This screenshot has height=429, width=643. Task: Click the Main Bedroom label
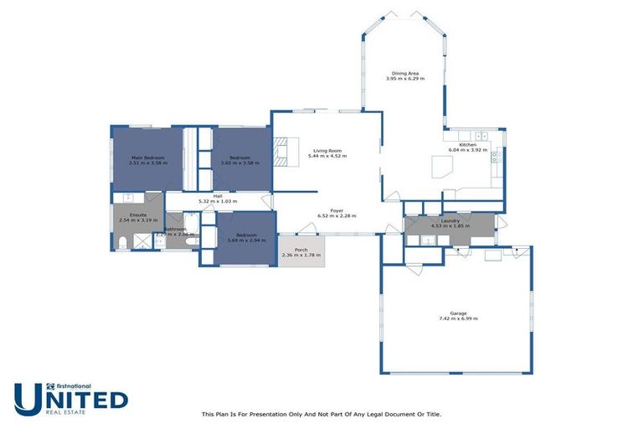pyautogui.click(x=147, y=158)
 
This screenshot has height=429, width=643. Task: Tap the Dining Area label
pyautogui.click(x=405, y=73)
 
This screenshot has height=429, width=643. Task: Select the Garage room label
pyautogui.click(x=458, y=313)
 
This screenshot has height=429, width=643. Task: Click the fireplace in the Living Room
pyautogui.click(x=283, y=152)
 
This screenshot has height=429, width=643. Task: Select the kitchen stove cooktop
pyautogui.click(x=496, y=155)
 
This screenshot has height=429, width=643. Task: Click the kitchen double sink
pyautogui.click(x=481, y=136)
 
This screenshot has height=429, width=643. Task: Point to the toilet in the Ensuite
pyautogui.click(x=121, y=244)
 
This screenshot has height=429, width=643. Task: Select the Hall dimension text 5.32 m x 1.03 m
pyautogui.click(x=217, y=202)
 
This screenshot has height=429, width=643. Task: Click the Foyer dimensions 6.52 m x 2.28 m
pyautogui.click(x=337, y=216)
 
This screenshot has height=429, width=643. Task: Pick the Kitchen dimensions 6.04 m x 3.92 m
pyautogui.click(x=467, y=150)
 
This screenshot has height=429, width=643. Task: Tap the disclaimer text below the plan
pyautogui.click(x=321, y=414)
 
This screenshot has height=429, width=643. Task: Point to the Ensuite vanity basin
pyautogui.click(x=131, y=199)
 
